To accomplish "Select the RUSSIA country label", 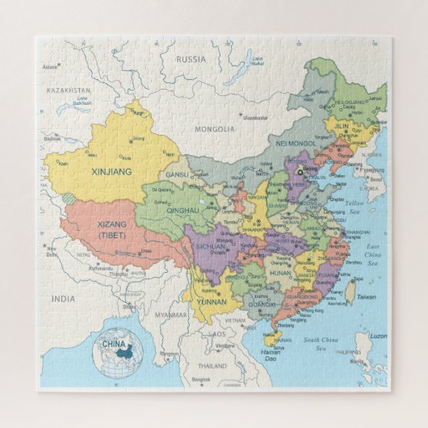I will [x=191, y=59].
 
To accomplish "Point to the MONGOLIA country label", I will [x=215, y=128].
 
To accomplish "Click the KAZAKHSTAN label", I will [x=67, y=91].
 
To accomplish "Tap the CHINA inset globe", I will [x=118, y=354].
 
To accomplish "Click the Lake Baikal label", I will [x=258, y=61].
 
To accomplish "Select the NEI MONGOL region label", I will [x=292, y=144].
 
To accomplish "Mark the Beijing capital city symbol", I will [x=301, y=172].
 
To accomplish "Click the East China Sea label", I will [x=373, y=253].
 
